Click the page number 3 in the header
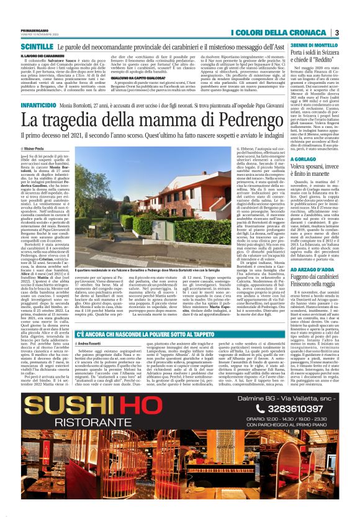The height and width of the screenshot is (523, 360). pyautogui.click(x=336, y=32)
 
